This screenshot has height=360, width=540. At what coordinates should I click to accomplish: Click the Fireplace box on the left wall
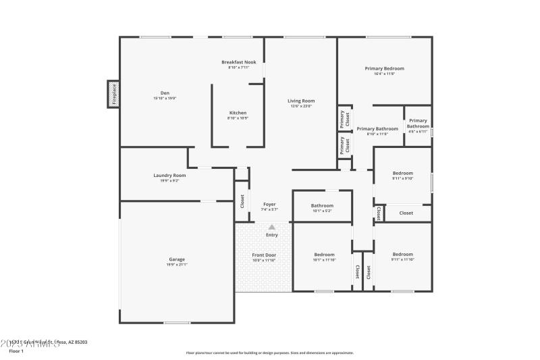(114, 94)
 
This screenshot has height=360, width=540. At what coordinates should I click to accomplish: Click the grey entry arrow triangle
(272, 228)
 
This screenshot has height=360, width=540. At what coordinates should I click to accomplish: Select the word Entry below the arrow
(272, 235)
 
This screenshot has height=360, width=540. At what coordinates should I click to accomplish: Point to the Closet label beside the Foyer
(242, 201)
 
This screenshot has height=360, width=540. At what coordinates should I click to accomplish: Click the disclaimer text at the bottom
(270, 353)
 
